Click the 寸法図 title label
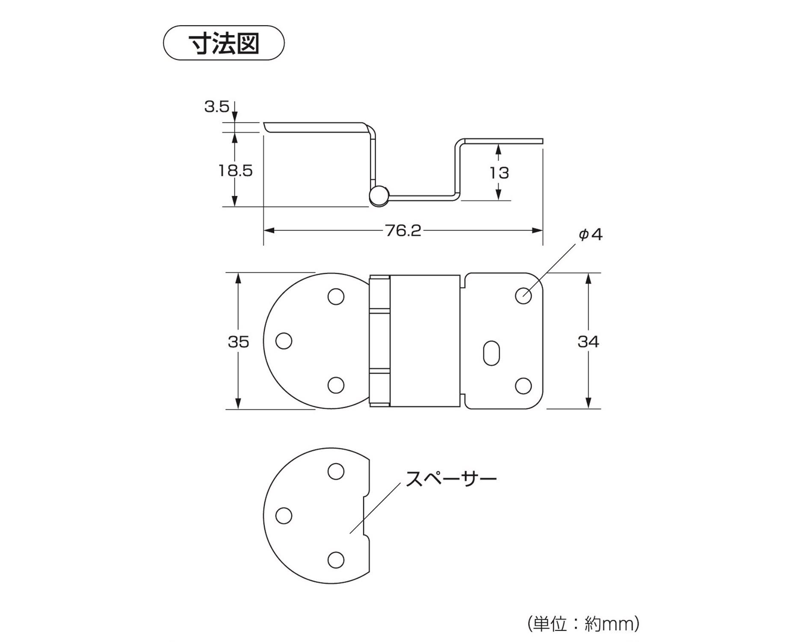coord(224,43)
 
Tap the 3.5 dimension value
coord(216,107)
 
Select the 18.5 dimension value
coord(236,171)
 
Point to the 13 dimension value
coord(499,173)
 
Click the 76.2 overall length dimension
coord(403,231)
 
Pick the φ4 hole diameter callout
coord(591,235)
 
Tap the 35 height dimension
coord(238,342)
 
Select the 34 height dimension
coord(588,342)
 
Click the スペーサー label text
coord(451,478)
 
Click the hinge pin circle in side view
coord(378,196)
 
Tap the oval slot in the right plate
coord(491,353)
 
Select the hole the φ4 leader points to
coord(523,295)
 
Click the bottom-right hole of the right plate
coord(523,386)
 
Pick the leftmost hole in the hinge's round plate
coord(284,341)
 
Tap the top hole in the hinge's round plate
coord(336,297)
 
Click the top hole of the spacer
coord(336,471)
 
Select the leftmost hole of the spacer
coord(284,516)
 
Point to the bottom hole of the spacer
coord(336,559)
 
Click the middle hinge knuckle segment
coord(380,341)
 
